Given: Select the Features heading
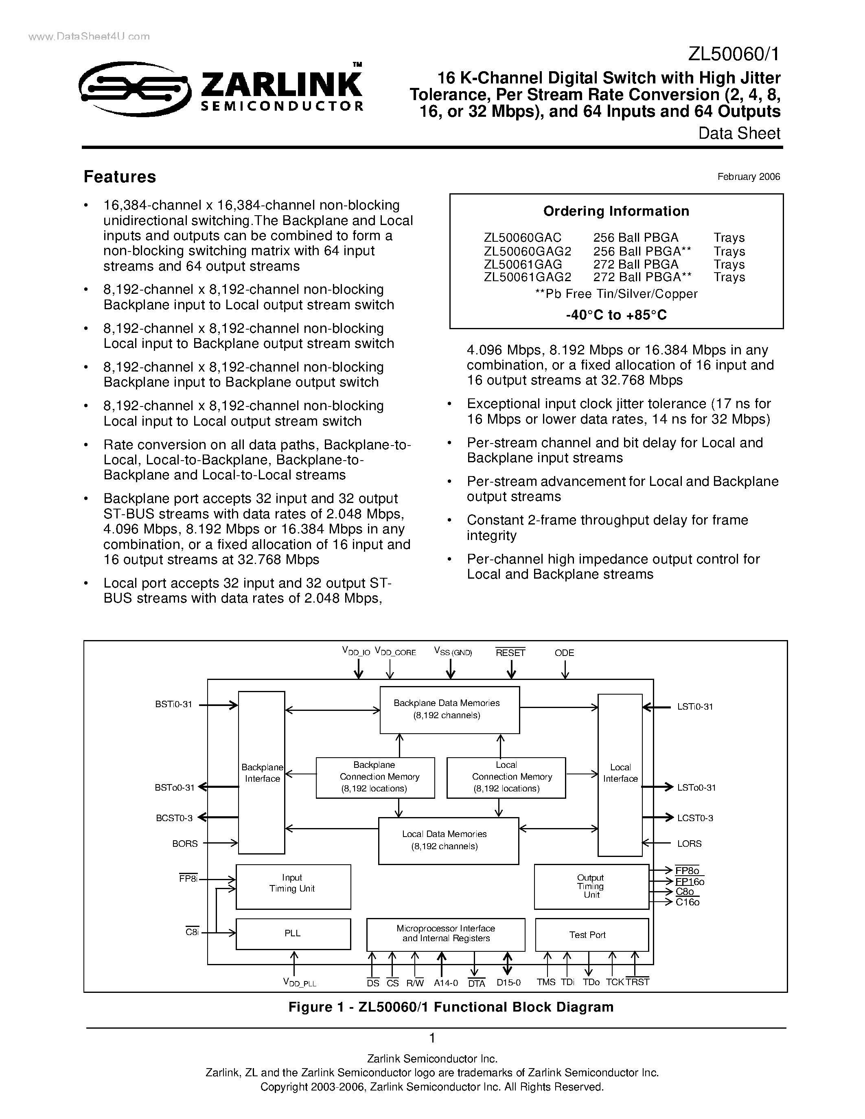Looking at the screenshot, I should click(120, 177).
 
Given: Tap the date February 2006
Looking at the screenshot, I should click(748, 177).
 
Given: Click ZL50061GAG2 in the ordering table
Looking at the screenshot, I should click(527, 277).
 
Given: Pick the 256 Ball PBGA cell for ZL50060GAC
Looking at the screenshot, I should click(635, 238).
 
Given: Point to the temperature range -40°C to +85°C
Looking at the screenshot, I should click(616, 315).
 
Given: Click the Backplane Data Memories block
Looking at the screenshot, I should click(449, 710).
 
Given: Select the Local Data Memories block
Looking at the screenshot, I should click(448, 840).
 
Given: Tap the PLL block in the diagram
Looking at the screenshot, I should click(293, 933).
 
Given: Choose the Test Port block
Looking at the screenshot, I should click(591, 935).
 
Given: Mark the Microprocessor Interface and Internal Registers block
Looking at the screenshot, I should click(445, 934).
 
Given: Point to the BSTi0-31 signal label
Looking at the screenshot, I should click(174, 704).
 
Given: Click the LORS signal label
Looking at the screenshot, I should click(689, 844).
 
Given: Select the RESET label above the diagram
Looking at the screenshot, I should click(510, 653).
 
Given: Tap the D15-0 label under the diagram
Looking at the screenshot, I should click(508, 982).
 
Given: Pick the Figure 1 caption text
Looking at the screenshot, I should click(451, 1008).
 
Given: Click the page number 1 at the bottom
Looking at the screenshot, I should click(432, 1038).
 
